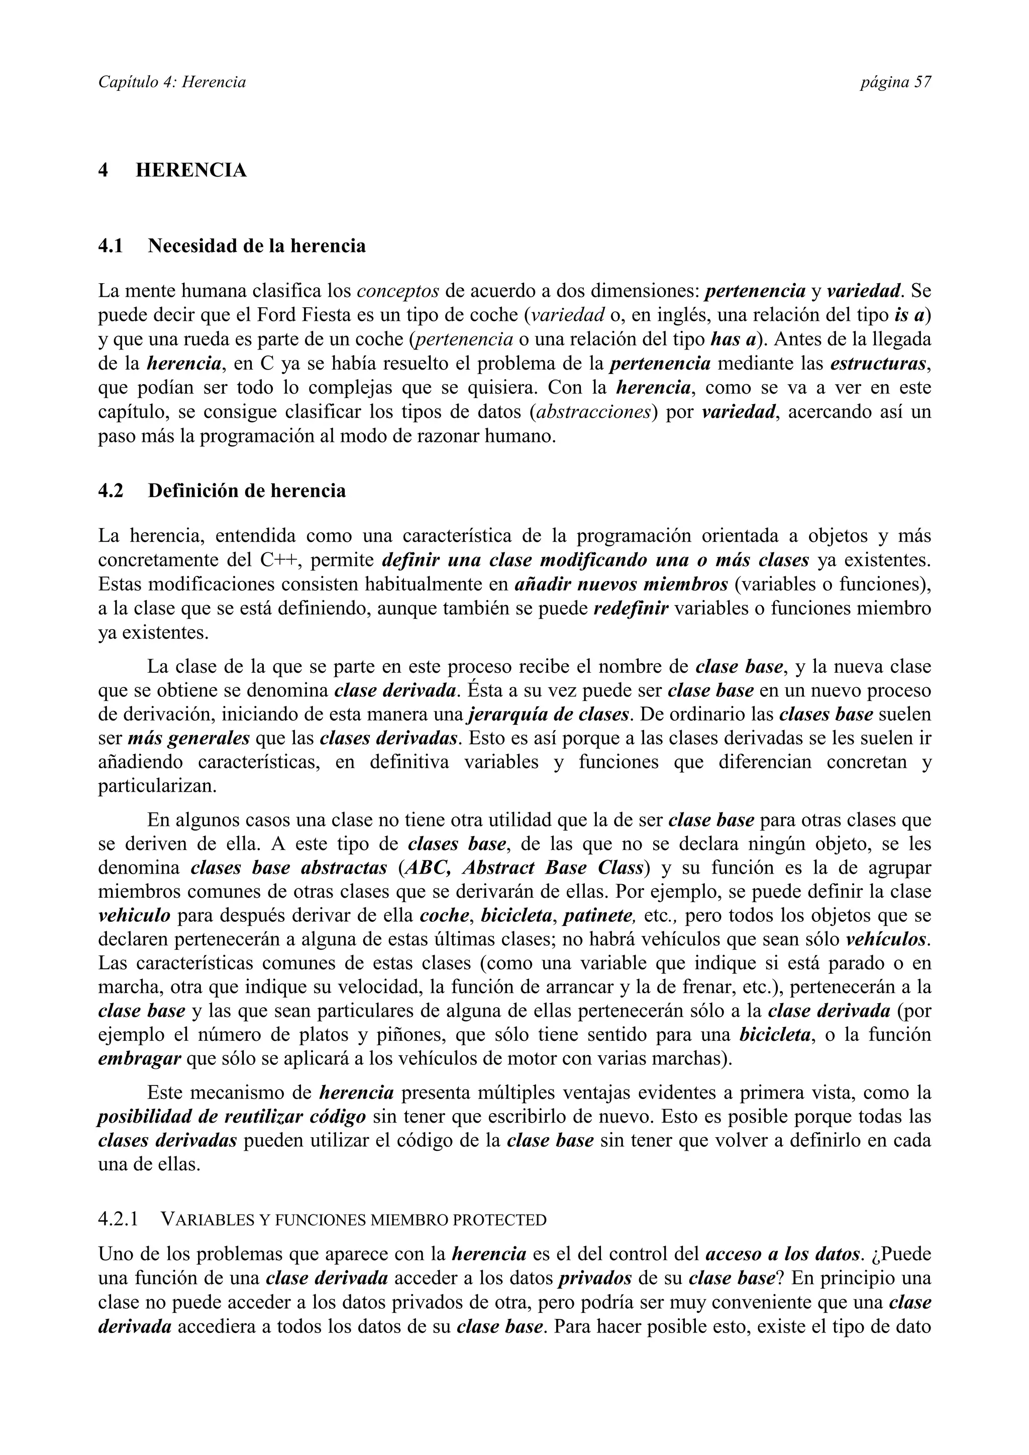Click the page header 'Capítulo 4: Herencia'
(172, 82)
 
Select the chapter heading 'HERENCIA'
(191, 171)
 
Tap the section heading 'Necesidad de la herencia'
(256, 246)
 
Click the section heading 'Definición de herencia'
(247, 491)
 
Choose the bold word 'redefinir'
(631, 609)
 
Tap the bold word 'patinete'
(598, 916)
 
